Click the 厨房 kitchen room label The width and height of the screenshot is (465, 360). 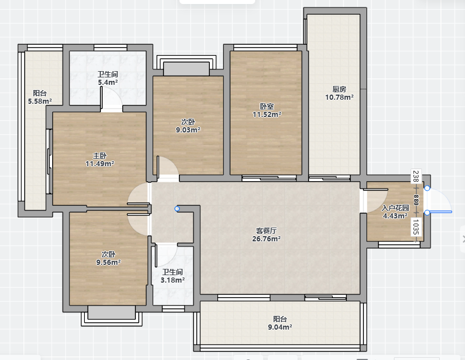click(x=339, y=89)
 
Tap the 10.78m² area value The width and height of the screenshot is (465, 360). click(x=339, y=97)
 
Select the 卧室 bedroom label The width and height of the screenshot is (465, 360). click(x=267, y=106)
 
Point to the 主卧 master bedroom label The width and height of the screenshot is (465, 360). click(x=100, y=155)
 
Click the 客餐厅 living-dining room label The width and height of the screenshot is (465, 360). click(x=266, y=230)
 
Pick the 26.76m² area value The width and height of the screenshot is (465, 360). click(x=266, y=238)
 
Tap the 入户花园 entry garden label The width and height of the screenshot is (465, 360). click(x=395, y=208)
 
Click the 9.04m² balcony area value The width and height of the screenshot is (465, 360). click(x=280, y=327)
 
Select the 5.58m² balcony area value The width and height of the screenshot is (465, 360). click(x=40, y=101)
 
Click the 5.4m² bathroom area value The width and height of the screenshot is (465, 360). click(x=108, y=82)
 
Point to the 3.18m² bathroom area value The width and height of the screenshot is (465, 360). click(x=173, y=280)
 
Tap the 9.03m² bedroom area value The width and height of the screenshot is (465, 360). click(x=188, y=130)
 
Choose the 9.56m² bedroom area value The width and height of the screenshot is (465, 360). click(x=108, y=262)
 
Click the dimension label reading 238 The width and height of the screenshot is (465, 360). click(x=416, y=176)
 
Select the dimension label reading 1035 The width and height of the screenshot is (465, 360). click(x=416, y=227)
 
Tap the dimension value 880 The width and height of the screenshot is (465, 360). click(x=416, y=200)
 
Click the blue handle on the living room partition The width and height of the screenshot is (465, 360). click(x=177, y=209)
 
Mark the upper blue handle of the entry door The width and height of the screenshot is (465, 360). click(x=427, y=188)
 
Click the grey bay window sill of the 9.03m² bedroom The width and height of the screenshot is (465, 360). click(x=186, y=69)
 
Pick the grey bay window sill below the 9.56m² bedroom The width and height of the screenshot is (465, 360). click(x=111, y=312)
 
